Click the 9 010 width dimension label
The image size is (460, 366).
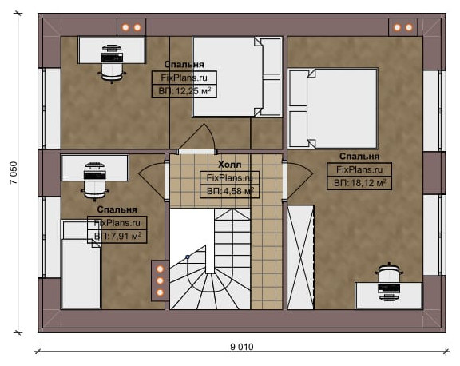click(242, 347)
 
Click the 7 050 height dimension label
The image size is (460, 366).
click(14, 173)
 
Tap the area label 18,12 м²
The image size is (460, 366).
click(359, 183)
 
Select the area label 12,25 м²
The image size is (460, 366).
click(184, 90)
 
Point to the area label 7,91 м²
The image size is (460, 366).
click(117, 236)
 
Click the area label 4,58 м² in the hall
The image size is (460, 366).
click(230, 191)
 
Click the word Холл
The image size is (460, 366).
click(230, 165)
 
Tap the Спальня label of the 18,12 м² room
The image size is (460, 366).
click(359, 156)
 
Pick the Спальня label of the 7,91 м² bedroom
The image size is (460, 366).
click(117, 209)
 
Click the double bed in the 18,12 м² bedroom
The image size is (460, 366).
click(333, 109)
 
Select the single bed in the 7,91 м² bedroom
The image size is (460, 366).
click(81, 264)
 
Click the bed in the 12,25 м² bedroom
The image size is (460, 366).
click(237, 77)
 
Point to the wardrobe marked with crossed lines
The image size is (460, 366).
click(301, 257)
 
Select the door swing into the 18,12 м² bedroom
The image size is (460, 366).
click(299, 181)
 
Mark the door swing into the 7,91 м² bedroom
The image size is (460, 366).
click(153, 181)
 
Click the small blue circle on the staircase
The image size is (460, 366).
click(188, 257)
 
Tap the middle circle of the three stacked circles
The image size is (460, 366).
click(160, 280)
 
